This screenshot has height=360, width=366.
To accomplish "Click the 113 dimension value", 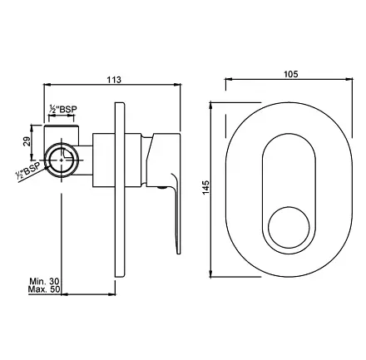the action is pyautogui.click(x=114, y=80).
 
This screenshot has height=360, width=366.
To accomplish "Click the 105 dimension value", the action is pyautogui.click(x=291, y=74).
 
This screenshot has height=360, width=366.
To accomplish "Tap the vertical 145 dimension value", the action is pyautogui.click(x=205, y=187).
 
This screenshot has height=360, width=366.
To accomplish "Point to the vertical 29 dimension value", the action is pyautogui.click(x=26, y=143).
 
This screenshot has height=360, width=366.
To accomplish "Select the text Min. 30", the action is pyautogui.click(x=44, y=281).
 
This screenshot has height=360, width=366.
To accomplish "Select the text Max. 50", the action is pyautogui.click(x=44, y=289).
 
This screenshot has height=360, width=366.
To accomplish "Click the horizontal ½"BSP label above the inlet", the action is pyautogui.click(x=62, y=109).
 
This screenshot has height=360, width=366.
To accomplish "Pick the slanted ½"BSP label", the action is pyautogui.click(x=28, y=171).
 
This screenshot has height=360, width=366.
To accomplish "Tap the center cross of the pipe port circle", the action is pyautogui.click(x=62, y=160).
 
